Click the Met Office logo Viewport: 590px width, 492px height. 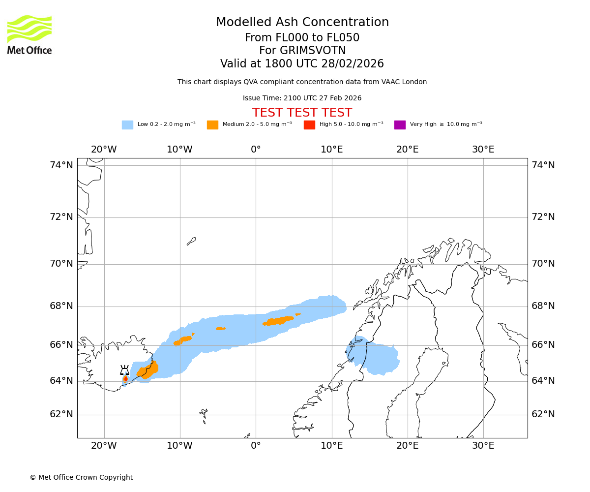click(x=29, y=34)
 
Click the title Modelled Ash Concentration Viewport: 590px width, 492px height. click(x=302, y=22)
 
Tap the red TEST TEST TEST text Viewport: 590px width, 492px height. click(x=302, y=113)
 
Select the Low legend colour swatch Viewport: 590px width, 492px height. click(x=127, y=125)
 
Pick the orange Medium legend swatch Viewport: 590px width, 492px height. click(x=212, y=125)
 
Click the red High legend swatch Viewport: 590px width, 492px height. click(x=309, y=125)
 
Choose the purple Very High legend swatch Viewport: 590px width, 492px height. click(x=400, y=125)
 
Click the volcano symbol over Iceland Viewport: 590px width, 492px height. click(x=125, y=370)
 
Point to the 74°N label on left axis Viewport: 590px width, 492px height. click(x=61, y=165)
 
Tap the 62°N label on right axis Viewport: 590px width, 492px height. click(x=543, y=414)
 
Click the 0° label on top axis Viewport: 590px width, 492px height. click(x=256, y=150)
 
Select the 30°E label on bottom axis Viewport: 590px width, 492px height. click(x=483, y=446)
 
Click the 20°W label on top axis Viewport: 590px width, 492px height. click(x=104, y=150)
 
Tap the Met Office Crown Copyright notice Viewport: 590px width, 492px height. click(x=81, y=477)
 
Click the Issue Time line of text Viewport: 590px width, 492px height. click(x=302, y=98)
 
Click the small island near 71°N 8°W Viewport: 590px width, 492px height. click(x=191, y=241)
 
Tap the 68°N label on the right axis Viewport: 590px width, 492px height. click(x=543, y=306)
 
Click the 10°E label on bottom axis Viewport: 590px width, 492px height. click(x=331, y=446)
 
